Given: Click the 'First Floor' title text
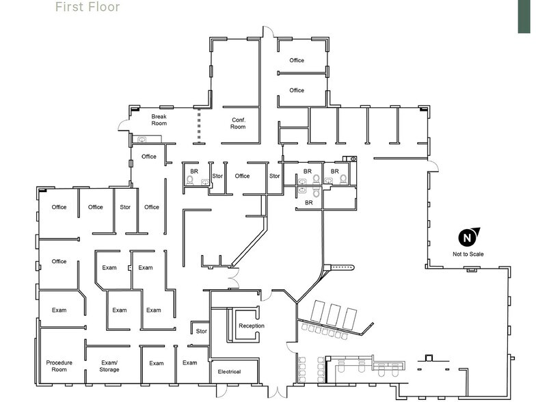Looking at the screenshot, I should [x=87, y=8].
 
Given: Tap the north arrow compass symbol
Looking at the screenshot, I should [x=468, y=237].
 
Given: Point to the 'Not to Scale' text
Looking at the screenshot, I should [x=468, y=254].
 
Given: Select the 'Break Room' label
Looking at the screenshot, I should [x=159, y=120].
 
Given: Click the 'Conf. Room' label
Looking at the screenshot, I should [x=238, y=123].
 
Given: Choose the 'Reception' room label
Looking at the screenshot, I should [x=251, y=325].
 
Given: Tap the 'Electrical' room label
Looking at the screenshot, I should [x=229, y=372].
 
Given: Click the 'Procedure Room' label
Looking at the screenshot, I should [x=59, y=366].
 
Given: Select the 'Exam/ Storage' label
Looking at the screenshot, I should [x=109, y=366].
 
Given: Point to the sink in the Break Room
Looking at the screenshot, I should [x=142, y=140].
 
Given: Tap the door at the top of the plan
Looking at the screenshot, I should [x=269, y=31].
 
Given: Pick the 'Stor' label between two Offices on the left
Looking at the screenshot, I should [x=125, y=207].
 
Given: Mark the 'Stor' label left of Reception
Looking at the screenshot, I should [x=201, y=332].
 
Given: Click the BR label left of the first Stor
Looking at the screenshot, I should [x=194, y=171].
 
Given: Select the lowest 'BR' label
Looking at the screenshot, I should [x=308, y=203].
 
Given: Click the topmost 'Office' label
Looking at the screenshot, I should [x=296, y=61].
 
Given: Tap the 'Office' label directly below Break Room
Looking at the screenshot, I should [x=148, y=157].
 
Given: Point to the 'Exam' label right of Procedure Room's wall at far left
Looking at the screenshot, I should [x=59, y=310].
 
